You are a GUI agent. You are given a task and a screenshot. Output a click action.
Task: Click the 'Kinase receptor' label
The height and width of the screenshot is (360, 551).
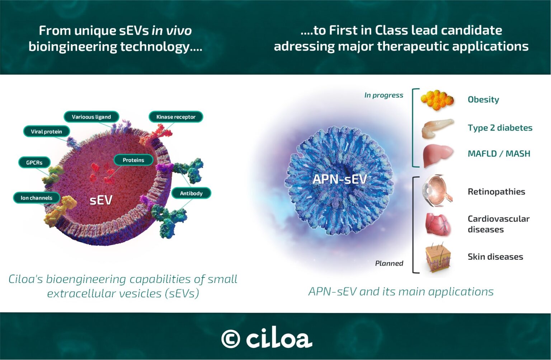tap(176, 117)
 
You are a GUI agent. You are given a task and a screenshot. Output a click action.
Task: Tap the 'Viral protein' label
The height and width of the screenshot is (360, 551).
tap(46, 132)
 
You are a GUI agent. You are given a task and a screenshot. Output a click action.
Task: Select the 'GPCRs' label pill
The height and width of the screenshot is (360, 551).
tap(34, 163)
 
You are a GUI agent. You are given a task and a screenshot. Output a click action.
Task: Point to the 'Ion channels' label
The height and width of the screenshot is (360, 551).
tap(37, 198)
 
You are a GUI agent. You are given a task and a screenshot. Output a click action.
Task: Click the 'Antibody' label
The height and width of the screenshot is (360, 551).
tap(191, 193)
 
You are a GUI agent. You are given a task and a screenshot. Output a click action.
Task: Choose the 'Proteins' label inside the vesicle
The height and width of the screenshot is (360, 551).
tap(133, 160)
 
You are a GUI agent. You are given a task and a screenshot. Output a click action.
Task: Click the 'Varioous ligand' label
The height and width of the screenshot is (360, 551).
tap(91, 117)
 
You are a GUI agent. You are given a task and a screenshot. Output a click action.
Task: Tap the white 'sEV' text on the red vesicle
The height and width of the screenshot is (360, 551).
tap(101, 200)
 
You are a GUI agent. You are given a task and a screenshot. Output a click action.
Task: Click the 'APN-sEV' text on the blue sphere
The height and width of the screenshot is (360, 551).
tap(339, 179)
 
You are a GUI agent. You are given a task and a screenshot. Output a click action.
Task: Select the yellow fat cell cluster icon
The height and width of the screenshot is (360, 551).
tap(437, 99)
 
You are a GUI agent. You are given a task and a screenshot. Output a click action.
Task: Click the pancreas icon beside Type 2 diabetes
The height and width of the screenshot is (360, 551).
tap(437, 128)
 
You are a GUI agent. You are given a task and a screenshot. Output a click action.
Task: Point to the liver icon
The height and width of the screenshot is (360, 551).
tap(437, 155)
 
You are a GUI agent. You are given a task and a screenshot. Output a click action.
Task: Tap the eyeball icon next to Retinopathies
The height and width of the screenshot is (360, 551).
tap(437, 191)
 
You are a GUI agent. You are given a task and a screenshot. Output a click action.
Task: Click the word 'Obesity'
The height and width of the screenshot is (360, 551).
tap(483, 99)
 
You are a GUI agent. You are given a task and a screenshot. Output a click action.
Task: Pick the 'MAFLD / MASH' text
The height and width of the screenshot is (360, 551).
tap(499, 154)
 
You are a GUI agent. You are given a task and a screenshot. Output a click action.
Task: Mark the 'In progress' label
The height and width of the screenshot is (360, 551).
tap(383, 95)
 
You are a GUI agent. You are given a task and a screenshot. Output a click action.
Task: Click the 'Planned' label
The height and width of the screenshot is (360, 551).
tap(389, 263)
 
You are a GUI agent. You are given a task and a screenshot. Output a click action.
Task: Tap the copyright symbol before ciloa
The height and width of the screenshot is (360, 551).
tap(230, 339)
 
